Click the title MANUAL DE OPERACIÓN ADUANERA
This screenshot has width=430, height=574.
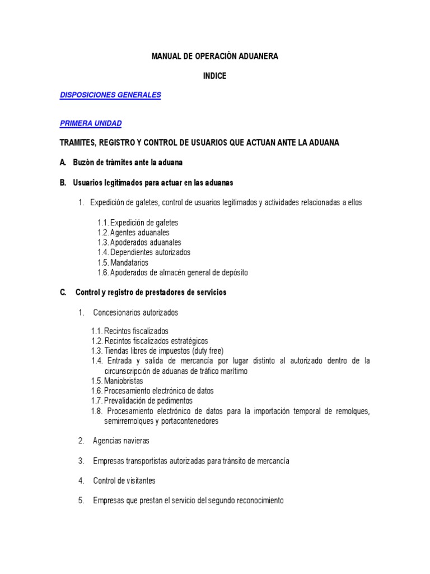[214, 57]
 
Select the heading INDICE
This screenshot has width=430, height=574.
[214, 76]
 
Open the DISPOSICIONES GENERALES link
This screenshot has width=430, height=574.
[110, 95]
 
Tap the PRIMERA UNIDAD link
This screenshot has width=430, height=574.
[91, 123]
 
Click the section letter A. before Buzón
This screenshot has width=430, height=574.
[63, 163]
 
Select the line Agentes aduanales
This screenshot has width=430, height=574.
[139, 233]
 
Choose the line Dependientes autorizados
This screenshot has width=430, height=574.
[150, 253]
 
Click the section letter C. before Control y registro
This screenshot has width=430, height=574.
[63, 293]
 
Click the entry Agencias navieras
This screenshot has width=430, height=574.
[121, 441]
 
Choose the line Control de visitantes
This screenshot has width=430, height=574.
[124, 481]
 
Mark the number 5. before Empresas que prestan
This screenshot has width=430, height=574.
[81, 501]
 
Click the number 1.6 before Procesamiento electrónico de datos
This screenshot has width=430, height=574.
[97, 391]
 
